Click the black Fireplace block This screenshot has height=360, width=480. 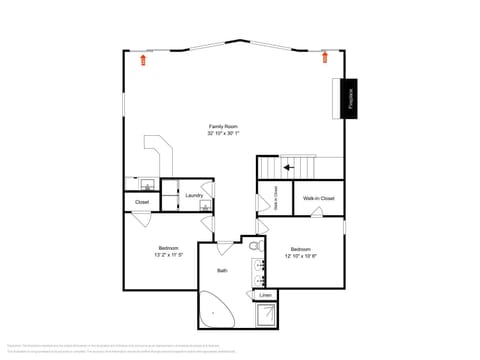click(x=350, y=98)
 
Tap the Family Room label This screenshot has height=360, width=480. click(x=223, y=126)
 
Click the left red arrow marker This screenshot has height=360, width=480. click(x=142, y=60)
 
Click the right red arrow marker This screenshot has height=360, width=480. click(x=326, y=58)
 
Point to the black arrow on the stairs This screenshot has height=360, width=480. click(x=289, y=167)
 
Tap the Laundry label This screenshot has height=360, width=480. click(x=194, y=195)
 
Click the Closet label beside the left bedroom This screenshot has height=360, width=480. click(x=142, y=203)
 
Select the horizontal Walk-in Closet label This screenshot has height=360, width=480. click(x=319, y=199)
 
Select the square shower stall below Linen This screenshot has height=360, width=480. click(x=267, y=316)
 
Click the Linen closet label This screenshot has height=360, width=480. click(x=265, y=296)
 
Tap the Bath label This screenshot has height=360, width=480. click(x=222, y=270)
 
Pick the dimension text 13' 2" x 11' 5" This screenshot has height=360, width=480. click(x=168, y=255)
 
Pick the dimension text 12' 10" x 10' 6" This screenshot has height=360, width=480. click(x=301, y=256)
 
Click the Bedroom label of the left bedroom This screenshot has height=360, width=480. click(x=168, y=247)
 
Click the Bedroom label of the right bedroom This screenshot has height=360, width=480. click(x=301, y=249)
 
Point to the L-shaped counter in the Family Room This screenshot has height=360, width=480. click(x=162, y=154)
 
